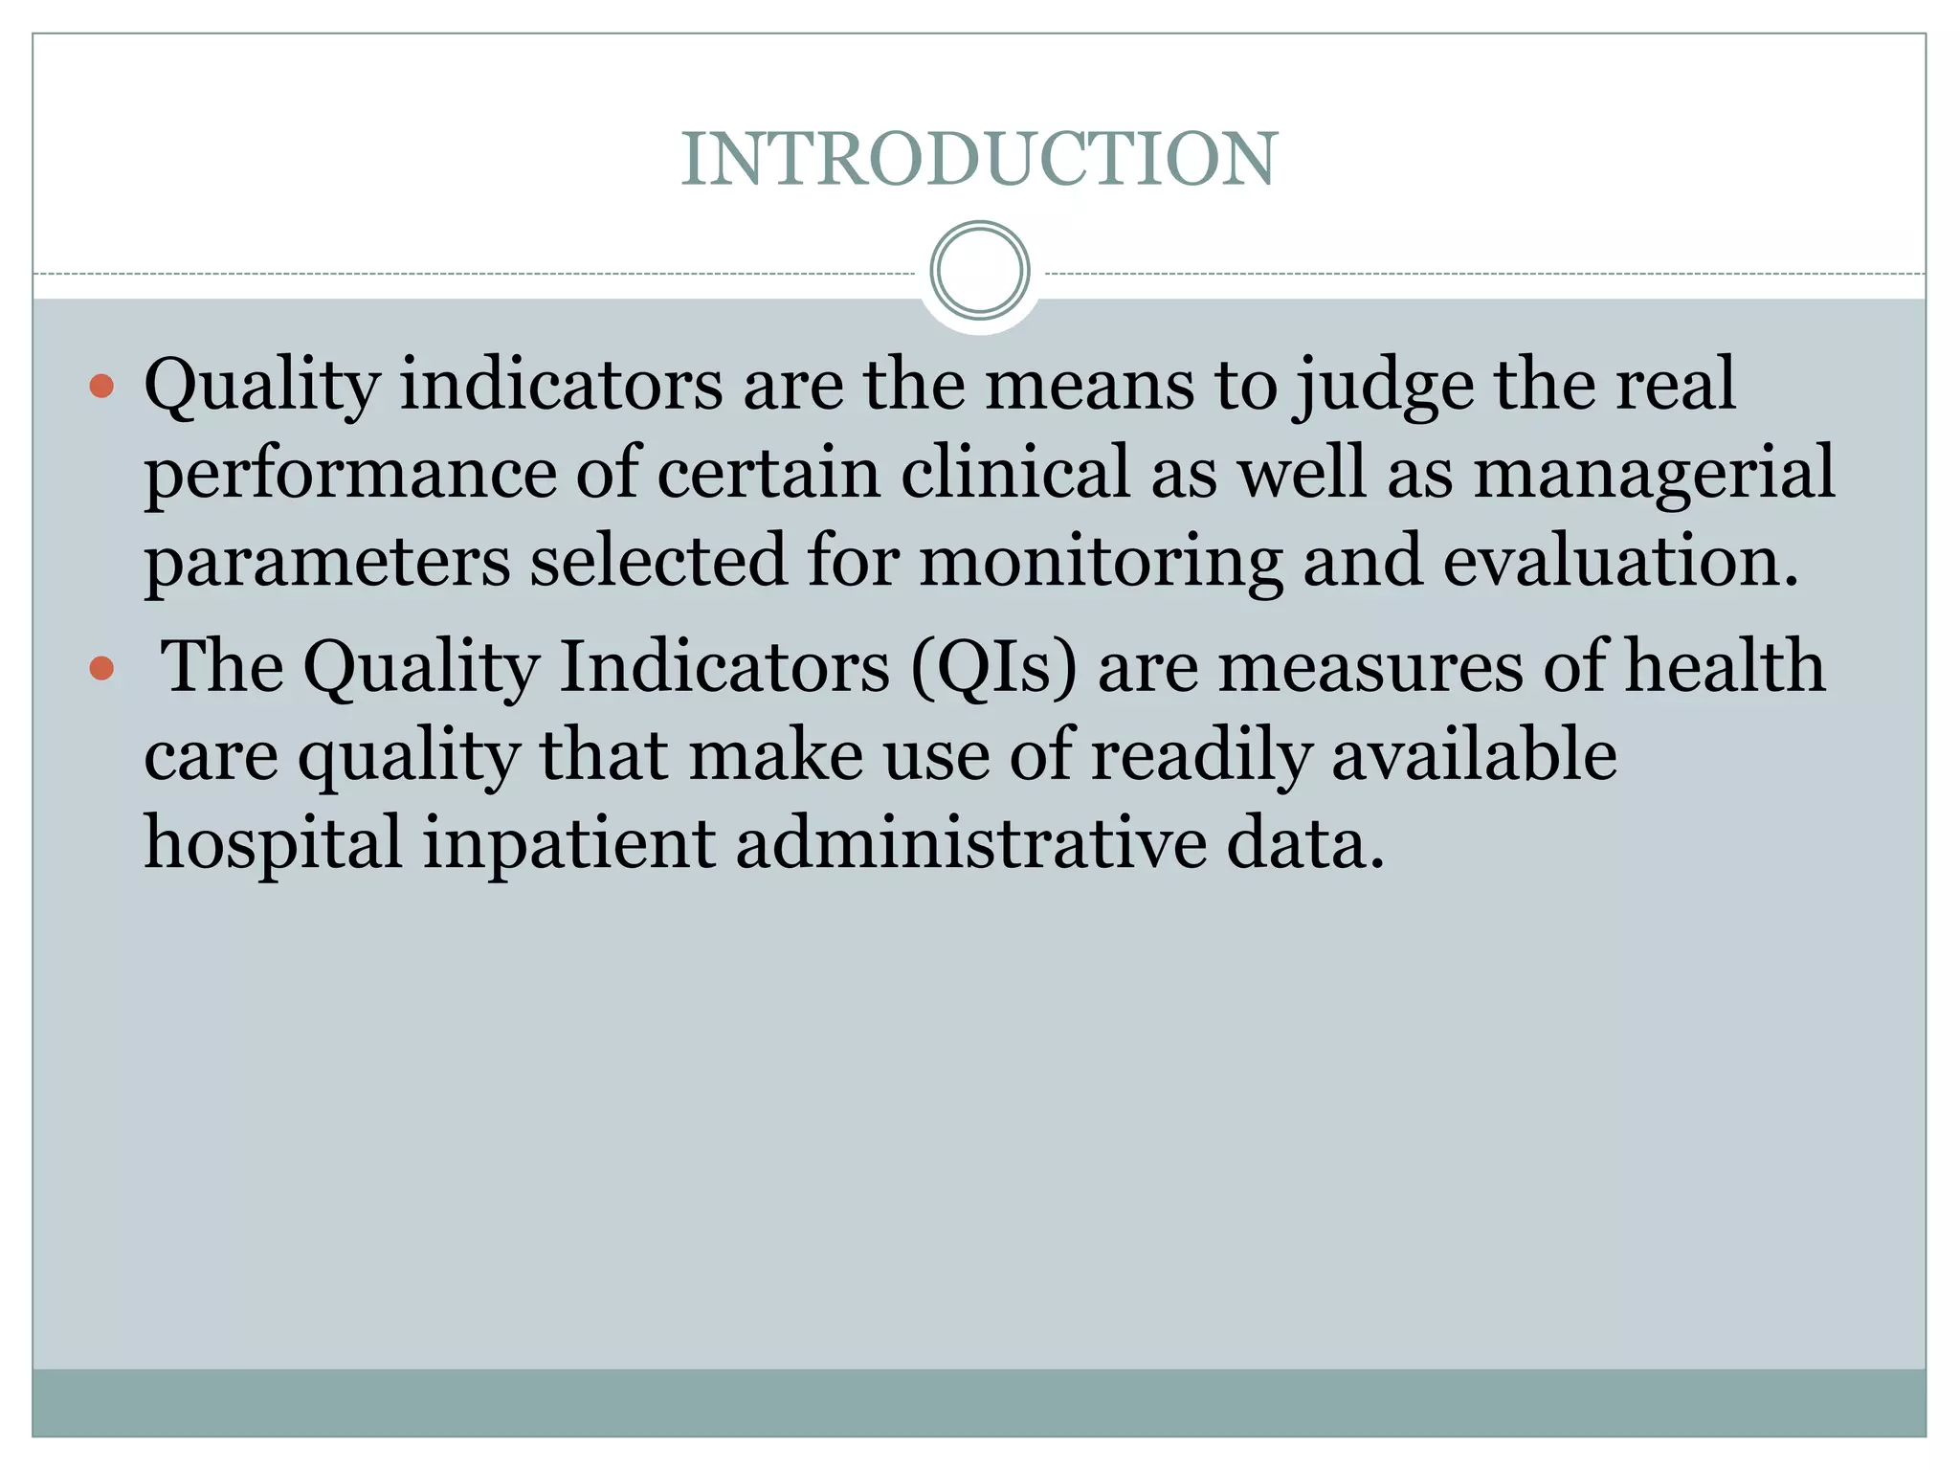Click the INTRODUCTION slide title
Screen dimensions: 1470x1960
pos(979,159)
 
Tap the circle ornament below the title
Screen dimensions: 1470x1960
pos(979,271)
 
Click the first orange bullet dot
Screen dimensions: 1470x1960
pos(101,387)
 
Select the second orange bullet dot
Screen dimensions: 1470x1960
pos(101,668)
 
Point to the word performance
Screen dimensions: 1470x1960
pos(350,474)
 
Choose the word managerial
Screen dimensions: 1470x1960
pos(1654,474)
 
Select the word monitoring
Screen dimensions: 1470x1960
pos(1101,563)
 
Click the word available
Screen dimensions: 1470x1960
pos(1474,755)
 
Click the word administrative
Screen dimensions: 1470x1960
pos(970,843)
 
